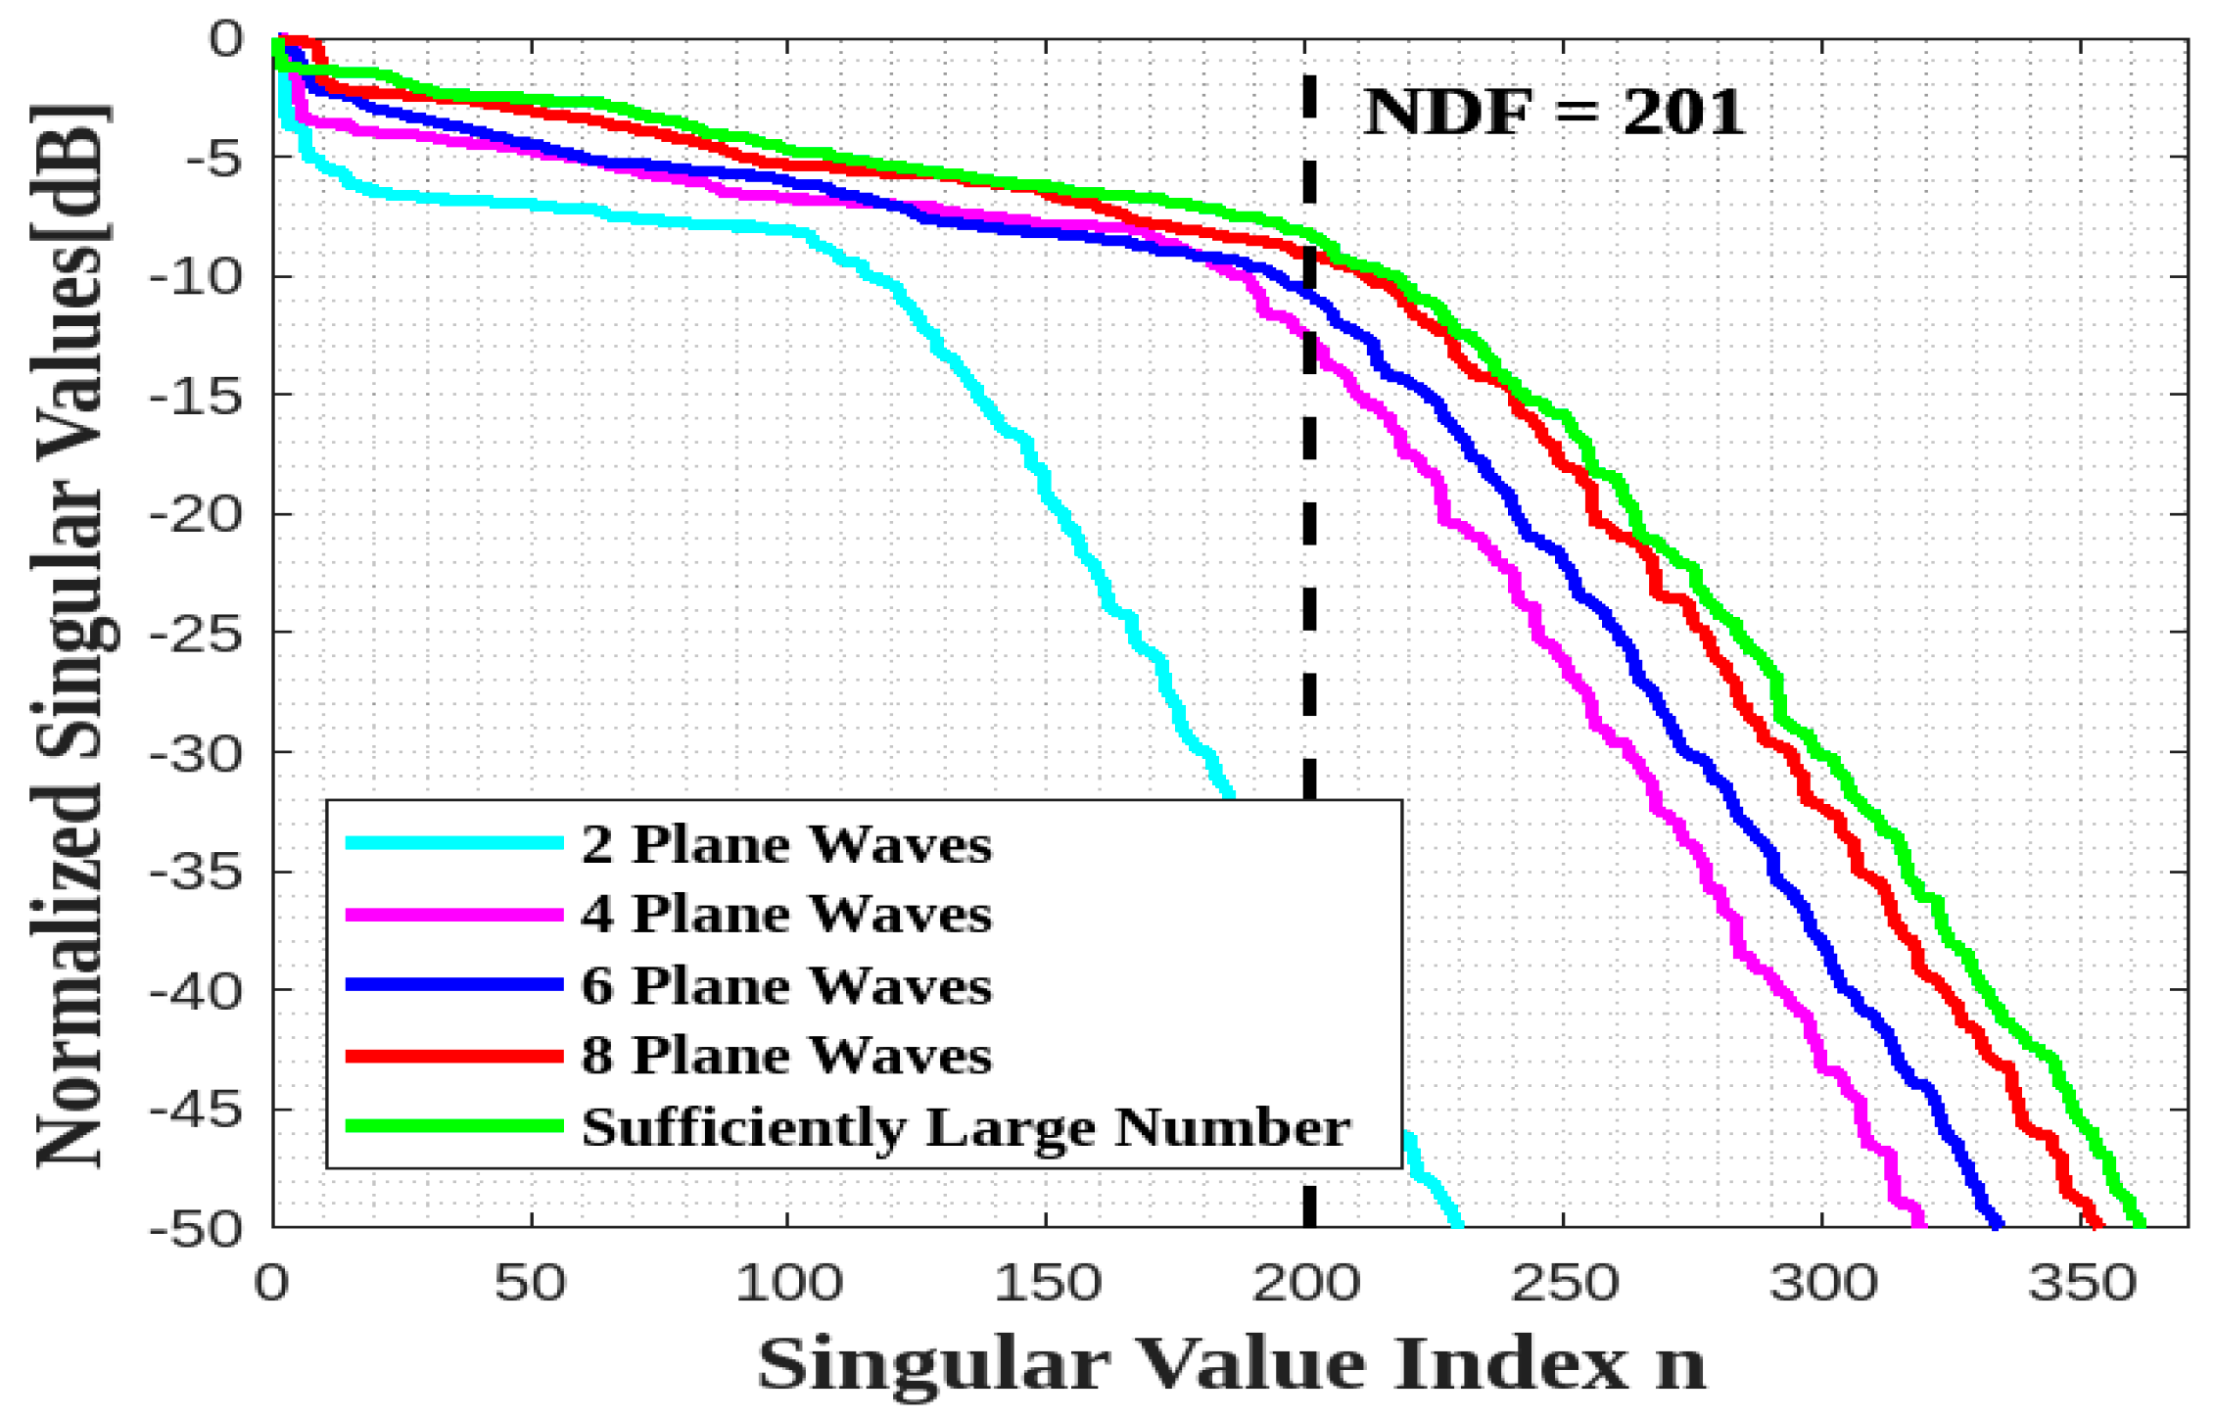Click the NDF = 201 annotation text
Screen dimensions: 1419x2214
coord(1554,112)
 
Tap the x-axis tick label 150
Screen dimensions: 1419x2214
coord(1047,1283)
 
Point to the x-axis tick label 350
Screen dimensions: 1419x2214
coord(2081,1283)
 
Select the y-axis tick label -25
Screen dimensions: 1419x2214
coord(195,634)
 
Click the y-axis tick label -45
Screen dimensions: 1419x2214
coord(195,1111)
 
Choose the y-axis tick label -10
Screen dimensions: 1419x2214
coord(195,277)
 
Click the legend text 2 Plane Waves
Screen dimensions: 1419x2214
coord(786,844)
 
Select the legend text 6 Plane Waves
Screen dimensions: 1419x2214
coord(786,985)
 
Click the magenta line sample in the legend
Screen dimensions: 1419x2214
coord(455,915)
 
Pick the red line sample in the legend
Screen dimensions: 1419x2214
coord(455,1056)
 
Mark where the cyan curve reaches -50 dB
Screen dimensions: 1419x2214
coord(1457,1222)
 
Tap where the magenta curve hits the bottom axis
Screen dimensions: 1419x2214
coord(1920,1222)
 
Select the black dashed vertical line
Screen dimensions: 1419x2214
coord(1309,490)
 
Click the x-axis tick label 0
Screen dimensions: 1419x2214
coord(272,1283)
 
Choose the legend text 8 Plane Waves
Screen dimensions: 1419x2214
coord(786,1056)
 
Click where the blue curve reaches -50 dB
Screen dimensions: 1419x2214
coord(1998,1222)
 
